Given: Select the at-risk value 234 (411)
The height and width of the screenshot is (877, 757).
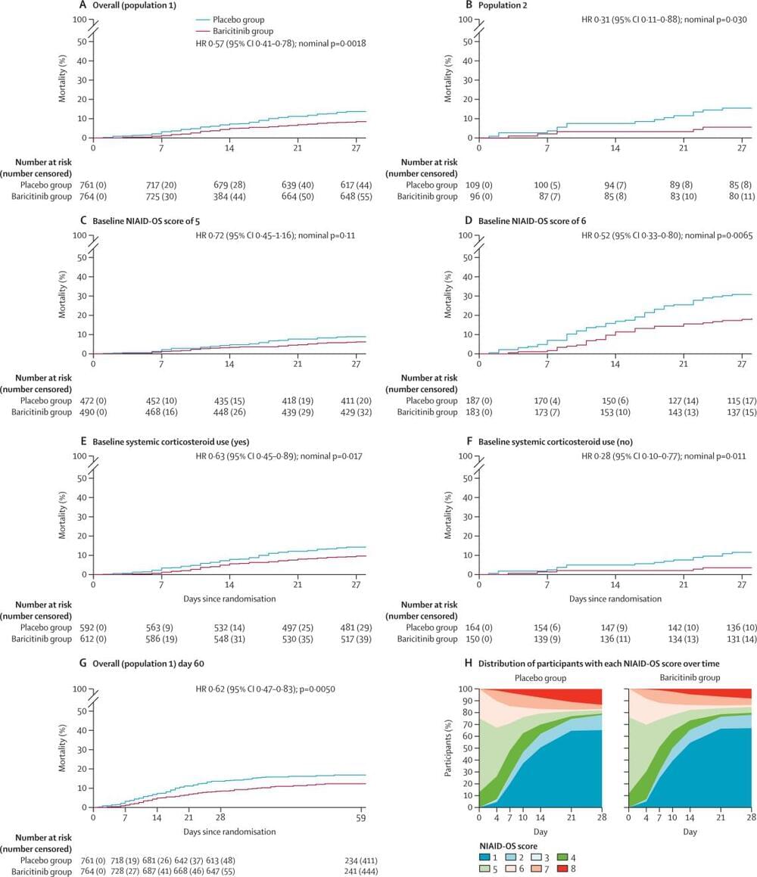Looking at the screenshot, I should pyautogui.click(x=360, y=860).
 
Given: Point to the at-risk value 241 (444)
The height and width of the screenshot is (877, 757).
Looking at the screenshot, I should pyautogui.click(x=360, y=871).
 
